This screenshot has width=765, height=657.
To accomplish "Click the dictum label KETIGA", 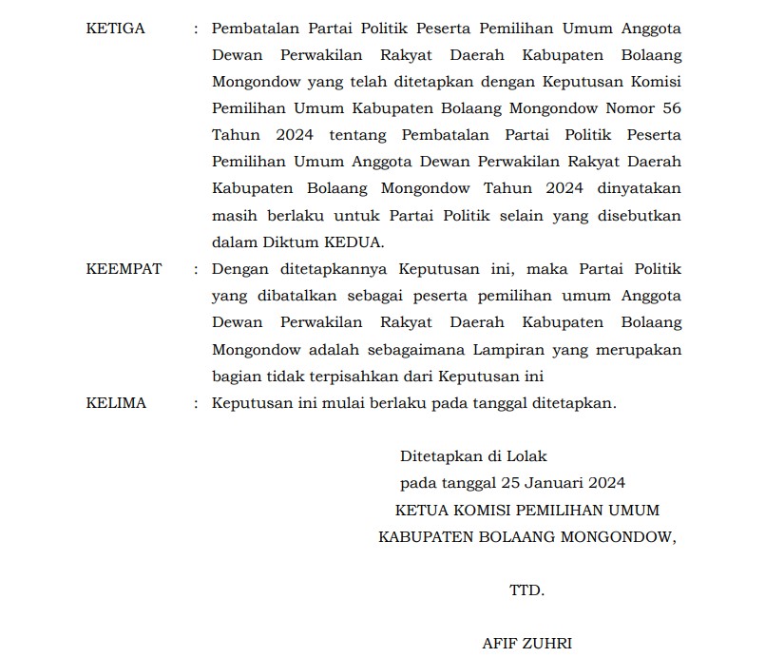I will coord(115,29).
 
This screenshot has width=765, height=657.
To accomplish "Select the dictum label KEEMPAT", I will coord(124,270).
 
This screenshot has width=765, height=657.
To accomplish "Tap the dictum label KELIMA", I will coord(116,403).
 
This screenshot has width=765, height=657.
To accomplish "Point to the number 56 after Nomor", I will coord(671,109).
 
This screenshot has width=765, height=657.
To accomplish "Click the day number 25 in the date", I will coord(513,484).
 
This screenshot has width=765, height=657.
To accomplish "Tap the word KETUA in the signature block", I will coord(425,511).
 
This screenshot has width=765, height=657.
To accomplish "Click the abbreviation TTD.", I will coord(526,590).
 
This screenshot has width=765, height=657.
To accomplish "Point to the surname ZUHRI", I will coord(548,644).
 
